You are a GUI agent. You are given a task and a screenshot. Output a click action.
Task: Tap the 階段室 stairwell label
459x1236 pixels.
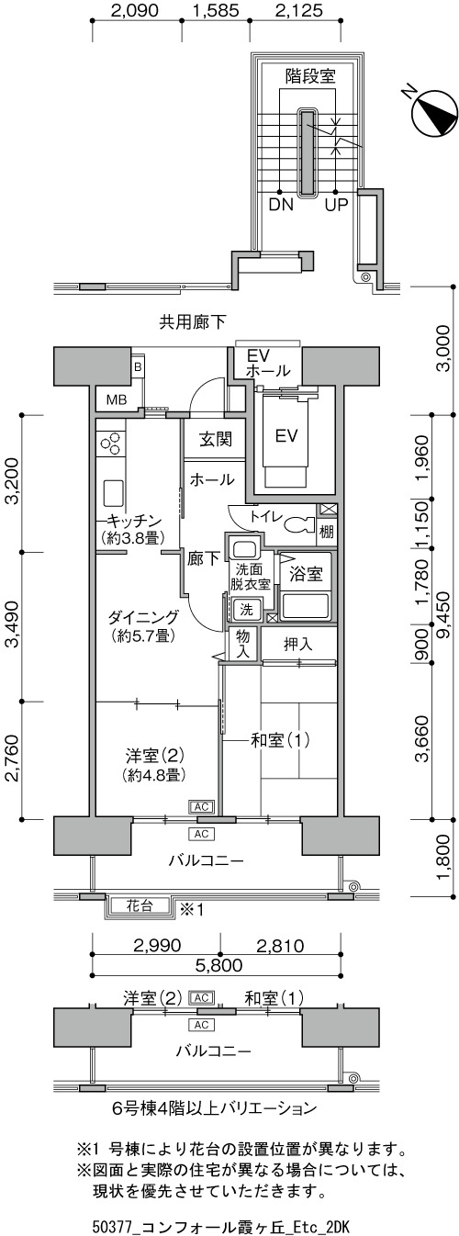click(310, 75)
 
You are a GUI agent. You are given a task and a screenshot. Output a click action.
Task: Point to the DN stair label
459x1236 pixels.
click(281, 206)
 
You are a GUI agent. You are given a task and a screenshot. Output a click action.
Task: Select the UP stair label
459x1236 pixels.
click(336, 206)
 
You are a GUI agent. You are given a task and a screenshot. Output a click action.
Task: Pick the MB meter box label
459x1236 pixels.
click(117, 399)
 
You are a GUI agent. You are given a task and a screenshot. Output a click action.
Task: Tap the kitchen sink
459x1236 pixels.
click(112, 494)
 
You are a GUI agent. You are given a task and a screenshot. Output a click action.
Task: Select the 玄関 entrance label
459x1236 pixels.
click(215, 440)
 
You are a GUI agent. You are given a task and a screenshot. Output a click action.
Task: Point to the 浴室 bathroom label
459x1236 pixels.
click(306, 574)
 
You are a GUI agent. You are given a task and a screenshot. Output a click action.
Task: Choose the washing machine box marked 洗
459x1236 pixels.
click(245, 610)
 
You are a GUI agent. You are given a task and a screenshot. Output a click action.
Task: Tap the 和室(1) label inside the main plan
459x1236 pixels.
click(272, 740)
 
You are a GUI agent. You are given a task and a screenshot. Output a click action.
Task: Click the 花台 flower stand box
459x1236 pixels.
click(139, 906)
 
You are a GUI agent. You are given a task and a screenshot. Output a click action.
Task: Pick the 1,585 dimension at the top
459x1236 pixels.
click(216, 10)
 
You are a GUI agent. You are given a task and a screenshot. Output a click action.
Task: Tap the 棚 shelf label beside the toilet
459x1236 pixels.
click(326, 532)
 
